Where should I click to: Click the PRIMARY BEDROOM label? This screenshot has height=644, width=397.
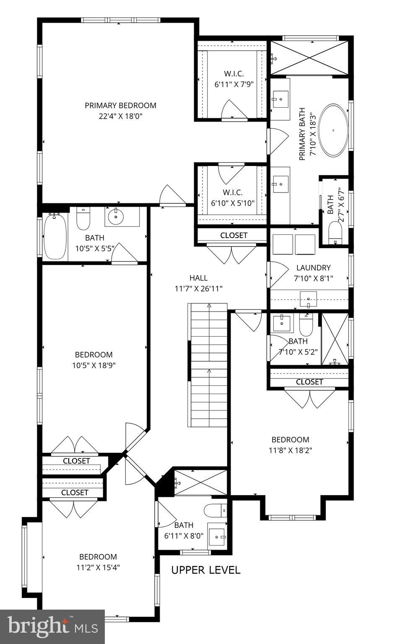tap(120, 106)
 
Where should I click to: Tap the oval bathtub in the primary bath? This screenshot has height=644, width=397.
tap(333, 130)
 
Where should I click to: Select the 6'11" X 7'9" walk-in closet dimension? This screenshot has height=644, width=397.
tap(234, 84)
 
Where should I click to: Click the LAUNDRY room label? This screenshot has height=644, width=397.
tap(313, 267)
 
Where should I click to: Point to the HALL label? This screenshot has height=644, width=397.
tap(198, 278)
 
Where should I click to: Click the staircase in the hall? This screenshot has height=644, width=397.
tap(208, 365)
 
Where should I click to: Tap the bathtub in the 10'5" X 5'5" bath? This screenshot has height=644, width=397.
tap(55, 236)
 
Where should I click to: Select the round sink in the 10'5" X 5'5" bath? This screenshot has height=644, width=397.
tap(116, 217)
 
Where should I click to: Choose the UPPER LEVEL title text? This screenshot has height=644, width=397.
tap(206, 570)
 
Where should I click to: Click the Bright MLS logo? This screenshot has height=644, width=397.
tap(52, 627)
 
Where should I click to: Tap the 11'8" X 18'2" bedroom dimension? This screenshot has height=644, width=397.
tap(290, 451)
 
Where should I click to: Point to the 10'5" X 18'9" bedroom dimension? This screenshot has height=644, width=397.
tap(93, 365)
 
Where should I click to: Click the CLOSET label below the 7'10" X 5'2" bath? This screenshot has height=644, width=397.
tap(309, 382)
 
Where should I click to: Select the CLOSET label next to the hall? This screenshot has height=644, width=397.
tap(234, 235)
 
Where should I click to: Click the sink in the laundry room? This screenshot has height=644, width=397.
tap(309, 299)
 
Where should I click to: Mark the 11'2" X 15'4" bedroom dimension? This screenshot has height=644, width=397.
tap(98, 568)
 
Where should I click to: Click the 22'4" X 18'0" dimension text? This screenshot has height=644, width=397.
tap(120, 117)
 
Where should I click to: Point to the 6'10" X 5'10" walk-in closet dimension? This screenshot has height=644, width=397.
tap(233, 203)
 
